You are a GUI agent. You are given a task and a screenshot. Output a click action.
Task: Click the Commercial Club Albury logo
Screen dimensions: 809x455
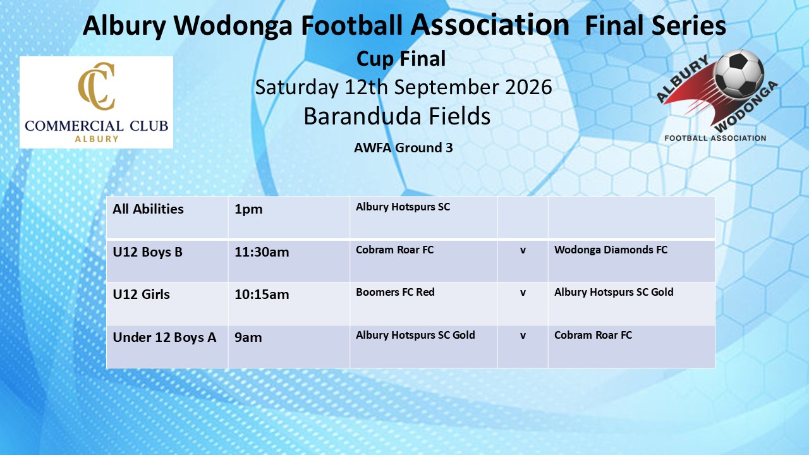96,102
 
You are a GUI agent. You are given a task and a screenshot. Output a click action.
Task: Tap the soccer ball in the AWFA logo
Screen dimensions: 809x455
739,74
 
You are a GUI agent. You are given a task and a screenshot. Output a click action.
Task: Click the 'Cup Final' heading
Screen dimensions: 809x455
401,59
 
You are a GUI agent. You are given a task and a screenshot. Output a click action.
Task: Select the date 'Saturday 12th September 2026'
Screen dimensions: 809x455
403,87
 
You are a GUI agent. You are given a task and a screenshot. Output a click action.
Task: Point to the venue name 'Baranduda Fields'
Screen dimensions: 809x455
397,116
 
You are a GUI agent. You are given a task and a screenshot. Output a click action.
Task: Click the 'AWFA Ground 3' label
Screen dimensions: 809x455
403,148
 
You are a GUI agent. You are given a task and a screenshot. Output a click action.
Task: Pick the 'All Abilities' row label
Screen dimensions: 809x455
148,209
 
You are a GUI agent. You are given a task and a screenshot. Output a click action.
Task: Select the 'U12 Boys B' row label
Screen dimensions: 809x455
148,252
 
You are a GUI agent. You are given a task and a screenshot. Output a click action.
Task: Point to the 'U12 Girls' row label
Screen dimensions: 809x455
141,294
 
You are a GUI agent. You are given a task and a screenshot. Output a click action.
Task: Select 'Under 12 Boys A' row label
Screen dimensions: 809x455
164,337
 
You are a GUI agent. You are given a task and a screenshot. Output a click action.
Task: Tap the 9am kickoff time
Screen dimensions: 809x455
248,337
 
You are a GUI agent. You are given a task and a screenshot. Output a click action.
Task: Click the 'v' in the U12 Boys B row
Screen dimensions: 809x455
523,250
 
